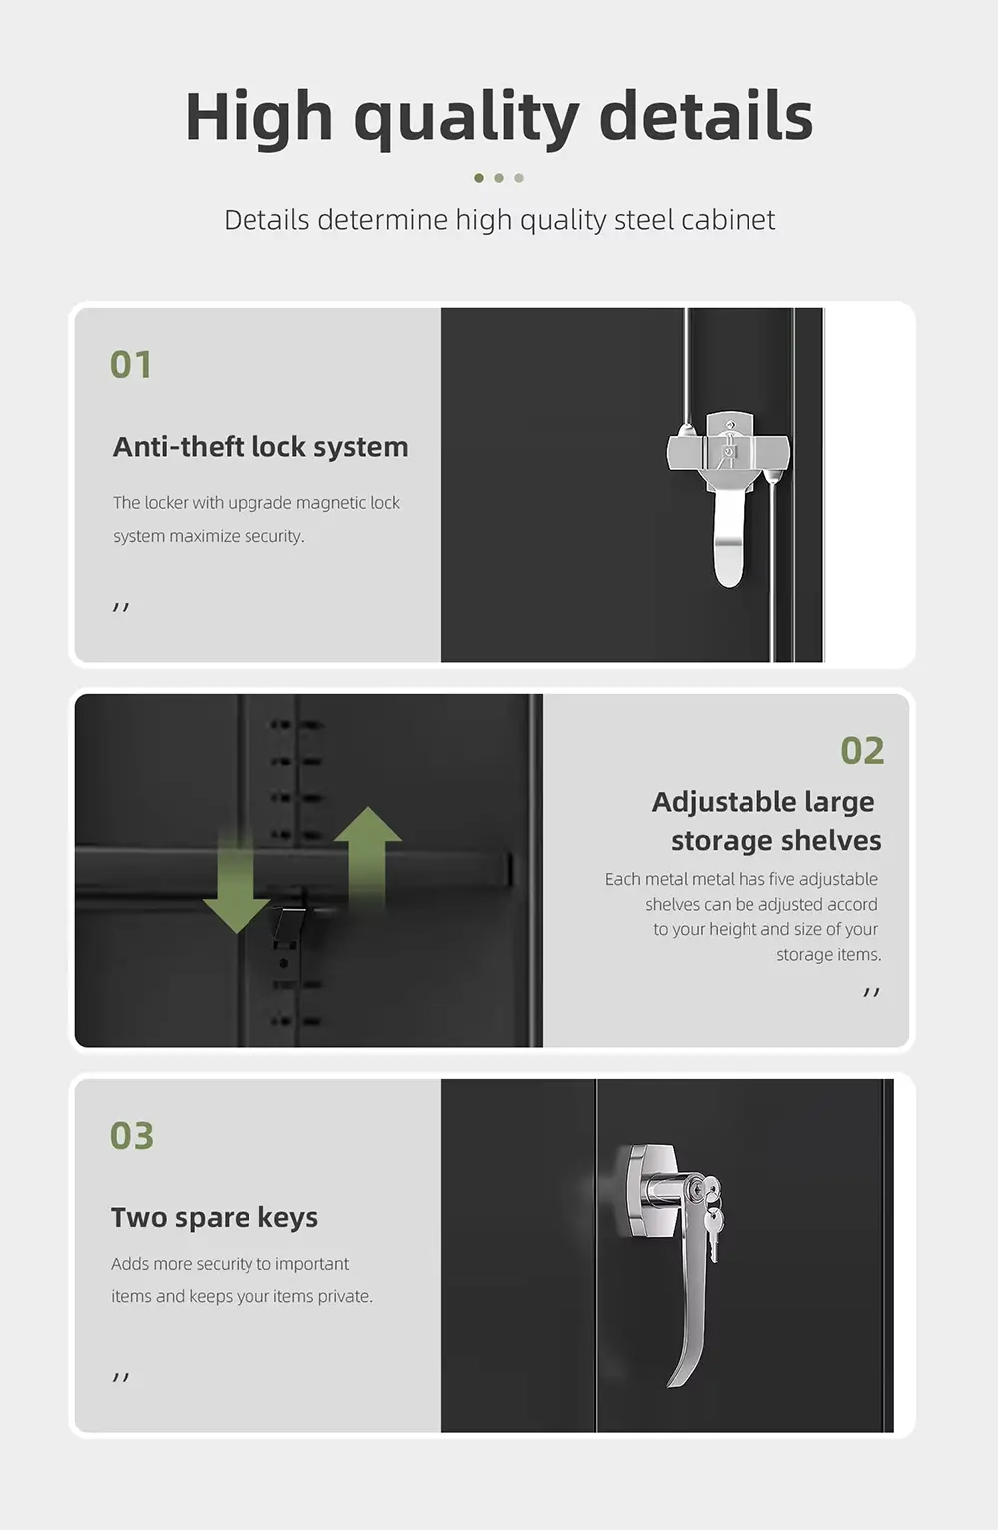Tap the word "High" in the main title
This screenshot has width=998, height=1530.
point(258,115)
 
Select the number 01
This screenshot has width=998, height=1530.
point(131,364)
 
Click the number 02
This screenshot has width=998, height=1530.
point(862,750)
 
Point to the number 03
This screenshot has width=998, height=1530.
point(131,1136)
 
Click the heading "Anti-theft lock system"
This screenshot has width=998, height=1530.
point(260,447)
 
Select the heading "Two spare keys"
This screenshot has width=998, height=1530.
point(215,1218)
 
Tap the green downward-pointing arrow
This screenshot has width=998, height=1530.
point(237,881)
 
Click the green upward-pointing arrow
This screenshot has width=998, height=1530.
point(368,857)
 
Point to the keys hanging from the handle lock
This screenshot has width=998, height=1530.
point(712,1216)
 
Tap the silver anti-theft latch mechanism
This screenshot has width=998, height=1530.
point(729,492)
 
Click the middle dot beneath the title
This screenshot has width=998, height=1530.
point(499,178)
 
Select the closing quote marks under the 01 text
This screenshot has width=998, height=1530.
point(120,607)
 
